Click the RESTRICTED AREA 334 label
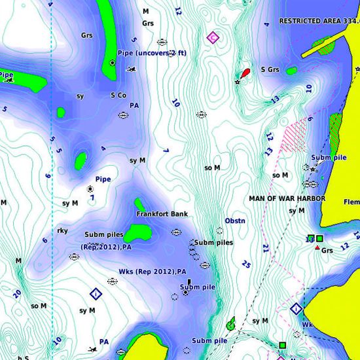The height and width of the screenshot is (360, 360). coord(319,21)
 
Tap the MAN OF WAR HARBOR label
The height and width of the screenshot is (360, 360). coord(282,198)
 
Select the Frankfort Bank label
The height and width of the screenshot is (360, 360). coord(162,214)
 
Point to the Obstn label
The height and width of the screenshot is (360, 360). coord(235,221)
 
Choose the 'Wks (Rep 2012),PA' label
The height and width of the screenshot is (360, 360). coord(153,272)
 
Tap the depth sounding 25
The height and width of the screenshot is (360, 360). coord(246,264)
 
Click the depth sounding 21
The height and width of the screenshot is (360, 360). coord(265,248)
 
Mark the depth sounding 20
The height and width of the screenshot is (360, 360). coord(16,294)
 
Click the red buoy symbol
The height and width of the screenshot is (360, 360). coord(245,73)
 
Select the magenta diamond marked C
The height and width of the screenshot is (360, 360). coord(211,37)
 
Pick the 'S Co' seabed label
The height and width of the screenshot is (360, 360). coord(118,95)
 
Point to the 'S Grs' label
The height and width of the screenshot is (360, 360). coord(270,69)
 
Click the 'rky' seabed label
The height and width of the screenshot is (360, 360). coord(63,230)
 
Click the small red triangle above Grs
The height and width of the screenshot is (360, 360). coord(317,248)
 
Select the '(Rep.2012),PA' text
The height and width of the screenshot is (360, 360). coord(106,247)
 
